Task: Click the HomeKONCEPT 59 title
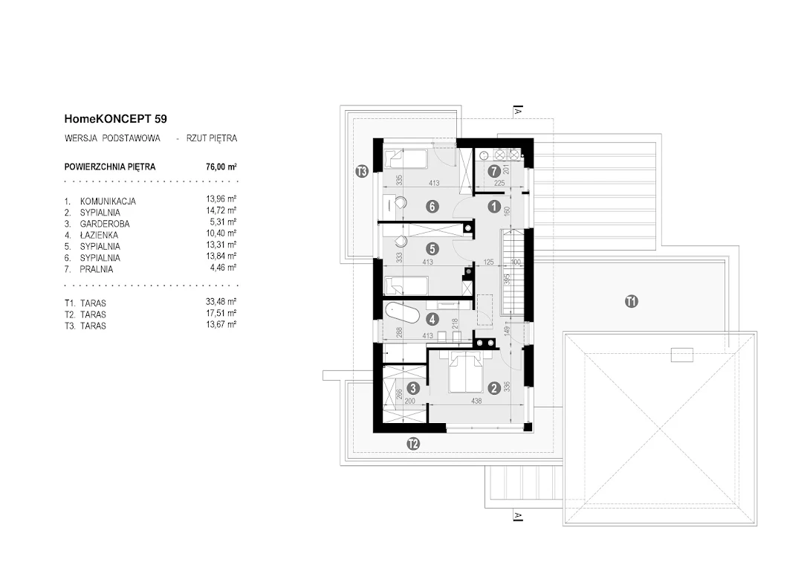[x=115, y=119]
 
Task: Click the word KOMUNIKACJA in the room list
[x=108, y=201]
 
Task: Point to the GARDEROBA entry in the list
[x=105, y=224]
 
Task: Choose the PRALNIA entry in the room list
[x=97, y=269]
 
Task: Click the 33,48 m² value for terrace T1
[x=221, y=302]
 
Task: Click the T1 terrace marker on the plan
[x=632, y=301]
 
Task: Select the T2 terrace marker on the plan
[x=412, y=443]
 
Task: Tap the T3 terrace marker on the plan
[x=362, y=171]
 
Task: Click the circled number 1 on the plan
[x=494, y=207]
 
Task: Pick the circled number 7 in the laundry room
[x=494, y=170]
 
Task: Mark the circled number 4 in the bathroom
[x=432, y=319]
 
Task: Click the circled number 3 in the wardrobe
[x=412, y=388]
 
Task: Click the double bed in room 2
[x=466, y=372]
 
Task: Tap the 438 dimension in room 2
[x=476, y=401]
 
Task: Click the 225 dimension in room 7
[x=499, y=183]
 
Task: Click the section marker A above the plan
[x=518, y=111]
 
